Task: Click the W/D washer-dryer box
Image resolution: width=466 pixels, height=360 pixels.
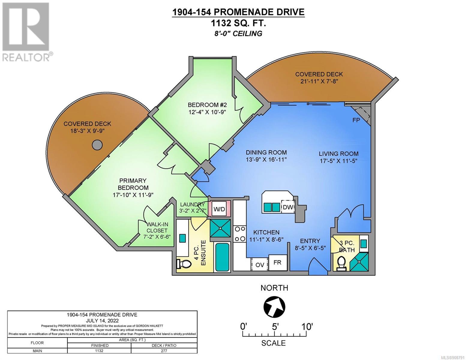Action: tap(219, 209)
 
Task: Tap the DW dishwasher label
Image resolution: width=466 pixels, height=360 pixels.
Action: tap(288, 207)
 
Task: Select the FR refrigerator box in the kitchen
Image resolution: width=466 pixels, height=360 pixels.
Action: tap(278, 263)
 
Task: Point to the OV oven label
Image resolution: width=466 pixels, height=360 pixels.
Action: tap(260, 265)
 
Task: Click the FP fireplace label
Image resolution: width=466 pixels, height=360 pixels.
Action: tap(356, 120)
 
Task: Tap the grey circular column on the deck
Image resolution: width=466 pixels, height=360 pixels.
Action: tap(97, 145)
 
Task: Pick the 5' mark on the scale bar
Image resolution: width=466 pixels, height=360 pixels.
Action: tap(275, 327)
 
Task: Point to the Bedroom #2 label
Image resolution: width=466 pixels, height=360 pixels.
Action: tap(207, 105)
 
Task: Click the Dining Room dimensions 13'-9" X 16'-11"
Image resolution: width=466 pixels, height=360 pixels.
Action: tap(266, 160)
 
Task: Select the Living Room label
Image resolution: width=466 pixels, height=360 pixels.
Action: tap(338, 154)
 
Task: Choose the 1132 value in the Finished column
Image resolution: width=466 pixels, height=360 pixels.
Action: tap(99, 351)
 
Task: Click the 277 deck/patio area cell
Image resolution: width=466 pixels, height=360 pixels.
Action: tap(164, 351)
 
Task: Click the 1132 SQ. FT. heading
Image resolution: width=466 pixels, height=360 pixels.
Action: tap(238, 23)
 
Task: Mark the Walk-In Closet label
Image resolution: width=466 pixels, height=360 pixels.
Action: tap(157, 227)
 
